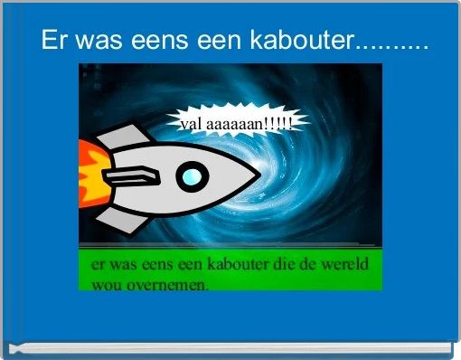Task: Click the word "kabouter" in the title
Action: (294, 41)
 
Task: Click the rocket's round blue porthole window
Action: (189, 176)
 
